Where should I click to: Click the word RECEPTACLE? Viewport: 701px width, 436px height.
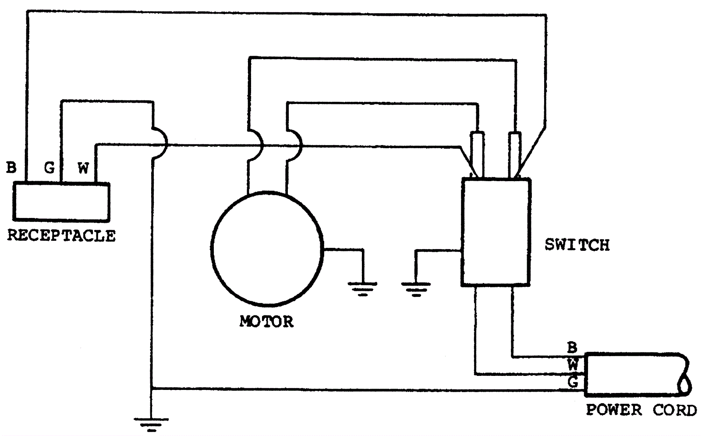(x=61, y=236)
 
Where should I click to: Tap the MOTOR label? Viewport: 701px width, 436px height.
(x=266, y=322)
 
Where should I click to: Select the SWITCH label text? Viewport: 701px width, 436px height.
(x=577, y=245)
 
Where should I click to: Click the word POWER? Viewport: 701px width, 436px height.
(x=614, y=410)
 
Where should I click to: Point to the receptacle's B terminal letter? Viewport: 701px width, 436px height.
(x=11, y=167)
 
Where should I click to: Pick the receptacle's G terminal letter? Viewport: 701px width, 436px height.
(x=49, y=167)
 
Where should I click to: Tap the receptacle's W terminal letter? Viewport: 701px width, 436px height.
(x=83, y=168)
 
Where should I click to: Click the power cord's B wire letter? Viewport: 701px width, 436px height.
(x=572, y=348)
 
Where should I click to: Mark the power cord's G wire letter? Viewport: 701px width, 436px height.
(x=573, y=382)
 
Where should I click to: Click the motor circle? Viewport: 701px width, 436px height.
(x=267, y=248)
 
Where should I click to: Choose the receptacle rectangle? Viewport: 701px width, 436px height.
(x=61, y=201)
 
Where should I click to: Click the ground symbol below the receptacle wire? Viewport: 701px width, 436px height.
(x=151, y=424)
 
